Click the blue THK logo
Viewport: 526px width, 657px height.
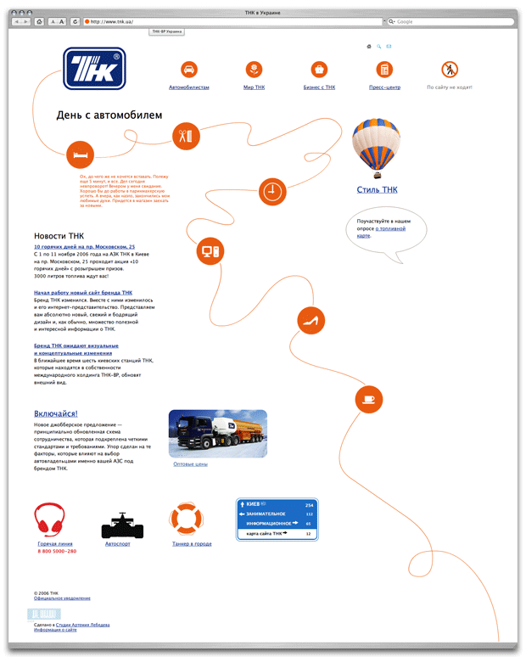click(94, 69)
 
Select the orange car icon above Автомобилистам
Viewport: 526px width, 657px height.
click(189, 69)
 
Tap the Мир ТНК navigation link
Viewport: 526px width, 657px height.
click(254, 87)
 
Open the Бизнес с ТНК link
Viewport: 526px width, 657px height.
click(319, 87)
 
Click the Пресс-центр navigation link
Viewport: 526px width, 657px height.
click(384, 87)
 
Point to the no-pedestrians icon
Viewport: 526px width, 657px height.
click(450, 69)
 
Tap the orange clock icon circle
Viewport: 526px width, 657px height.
click(271, 190)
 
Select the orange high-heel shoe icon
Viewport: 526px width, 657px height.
click(311, 320)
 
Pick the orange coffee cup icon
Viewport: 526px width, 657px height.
click(368, 397)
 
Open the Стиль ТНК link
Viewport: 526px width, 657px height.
click(377, 190)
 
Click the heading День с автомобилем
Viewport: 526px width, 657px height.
click(109, 115)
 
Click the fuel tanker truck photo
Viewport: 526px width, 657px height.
click(217, 433)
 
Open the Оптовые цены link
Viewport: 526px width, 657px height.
click(190, 464)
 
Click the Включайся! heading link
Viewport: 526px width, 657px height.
click(56, 413)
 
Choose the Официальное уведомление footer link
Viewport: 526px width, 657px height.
click(62, 598)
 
